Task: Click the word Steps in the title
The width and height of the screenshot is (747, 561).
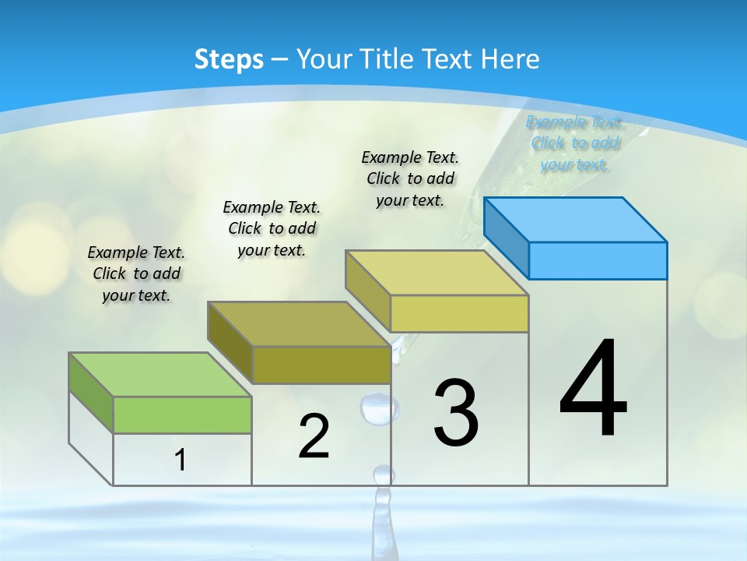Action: point(229,59)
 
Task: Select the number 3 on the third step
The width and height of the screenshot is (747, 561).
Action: point(456,413)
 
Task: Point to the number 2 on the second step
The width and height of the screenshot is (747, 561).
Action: point(314,436)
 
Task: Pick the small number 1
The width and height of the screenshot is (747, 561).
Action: point(181,460)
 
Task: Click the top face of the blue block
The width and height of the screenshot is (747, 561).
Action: point(576,219)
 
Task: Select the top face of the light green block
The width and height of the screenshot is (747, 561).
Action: point(160,375)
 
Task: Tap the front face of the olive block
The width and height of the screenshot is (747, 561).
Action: point(321,365)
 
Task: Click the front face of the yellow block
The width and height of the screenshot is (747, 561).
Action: point(459,313)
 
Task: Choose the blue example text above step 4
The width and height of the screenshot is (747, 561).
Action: point(574,143)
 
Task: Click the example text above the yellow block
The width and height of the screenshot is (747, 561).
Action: point(410,178)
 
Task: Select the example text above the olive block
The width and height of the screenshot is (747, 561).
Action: point(272,228)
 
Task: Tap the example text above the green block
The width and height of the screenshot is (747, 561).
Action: point(136,273)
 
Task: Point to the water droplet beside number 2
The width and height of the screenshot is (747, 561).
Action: point(379,408)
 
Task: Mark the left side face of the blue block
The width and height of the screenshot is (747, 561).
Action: point(506,238)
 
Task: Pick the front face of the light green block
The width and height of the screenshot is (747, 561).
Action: point(182,415)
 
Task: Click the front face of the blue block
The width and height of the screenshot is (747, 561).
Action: point(598,260)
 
